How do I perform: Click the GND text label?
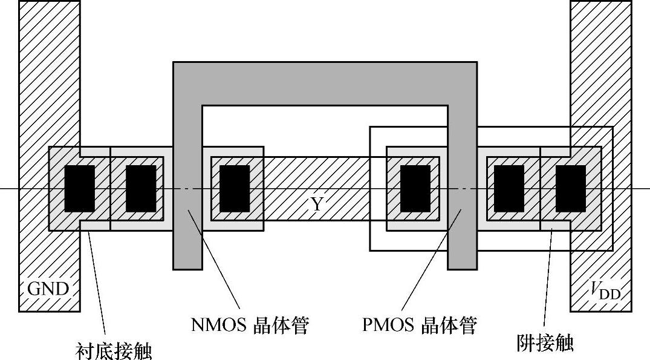tap(48, 289)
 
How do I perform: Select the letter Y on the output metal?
tap(316, 205)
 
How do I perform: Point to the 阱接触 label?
tap(542, 343)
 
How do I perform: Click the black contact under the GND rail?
tap(79, 188)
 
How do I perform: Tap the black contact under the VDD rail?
tap(570, 188)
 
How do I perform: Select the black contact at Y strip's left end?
tap(235, 188)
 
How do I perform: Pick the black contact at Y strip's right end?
tap(415, 188)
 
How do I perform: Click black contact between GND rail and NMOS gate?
tap(141, 188)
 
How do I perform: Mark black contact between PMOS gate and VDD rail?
tap(509, 188)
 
